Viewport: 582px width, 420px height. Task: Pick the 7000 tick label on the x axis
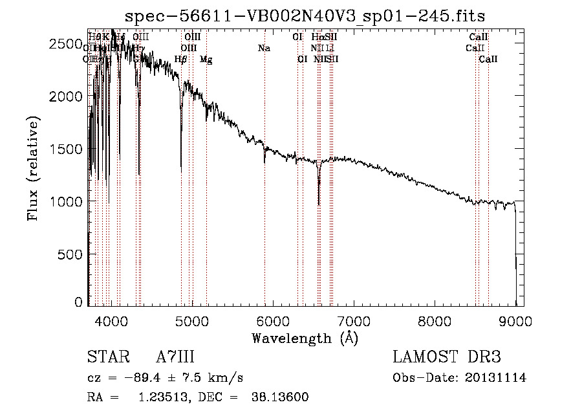(354, 320)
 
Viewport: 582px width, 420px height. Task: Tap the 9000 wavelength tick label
(515, 320)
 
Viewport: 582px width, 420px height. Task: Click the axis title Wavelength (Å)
(305, 338)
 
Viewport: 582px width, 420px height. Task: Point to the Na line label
(264, 48)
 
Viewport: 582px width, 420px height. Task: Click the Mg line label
(206, 60)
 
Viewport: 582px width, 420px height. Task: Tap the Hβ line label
(181, 60)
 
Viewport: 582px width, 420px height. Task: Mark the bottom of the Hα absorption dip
(319, 204)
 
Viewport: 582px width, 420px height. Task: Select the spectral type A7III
(175, 357)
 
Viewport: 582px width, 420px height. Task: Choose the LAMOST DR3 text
(446, 357)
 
